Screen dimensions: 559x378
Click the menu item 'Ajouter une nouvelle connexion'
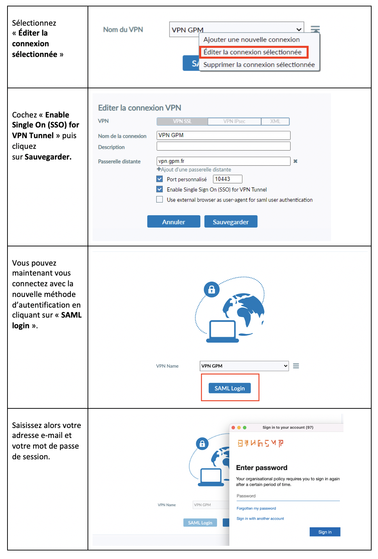coord(251,40)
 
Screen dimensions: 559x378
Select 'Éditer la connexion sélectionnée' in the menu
coord(252,52)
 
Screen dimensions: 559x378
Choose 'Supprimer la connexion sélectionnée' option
coord(259,64)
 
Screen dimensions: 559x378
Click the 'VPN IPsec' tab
coord(234,121)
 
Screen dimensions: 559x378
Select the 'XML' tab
coord(275,121)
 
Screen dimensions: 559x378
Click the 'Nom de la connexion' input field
coord(223,135)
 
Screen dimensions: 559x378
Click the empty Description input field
coord(223,146)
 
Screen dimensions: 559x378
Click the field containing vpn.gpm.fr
coord(223,161)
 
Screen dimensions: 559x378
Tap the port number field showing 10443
coord(227,179)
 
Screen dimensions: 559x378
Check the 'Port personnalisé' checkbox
coord(160,179)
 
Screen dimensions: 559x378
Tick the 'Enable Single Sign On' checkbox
coord(160,189)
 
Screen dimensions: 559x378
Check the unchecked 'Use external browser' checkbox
coord(160,200)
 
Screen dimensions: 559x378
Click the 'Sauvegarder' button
coord(231,221)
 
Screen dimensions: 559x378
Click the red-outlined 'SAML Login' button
coord(230,388)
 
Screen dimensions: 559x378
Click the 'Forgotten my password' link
coord(256,508)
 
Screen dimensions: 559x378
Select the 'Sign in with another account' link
coord(260,518)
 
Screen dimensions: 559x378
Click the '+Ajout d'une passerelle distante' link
coord(194,169)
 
